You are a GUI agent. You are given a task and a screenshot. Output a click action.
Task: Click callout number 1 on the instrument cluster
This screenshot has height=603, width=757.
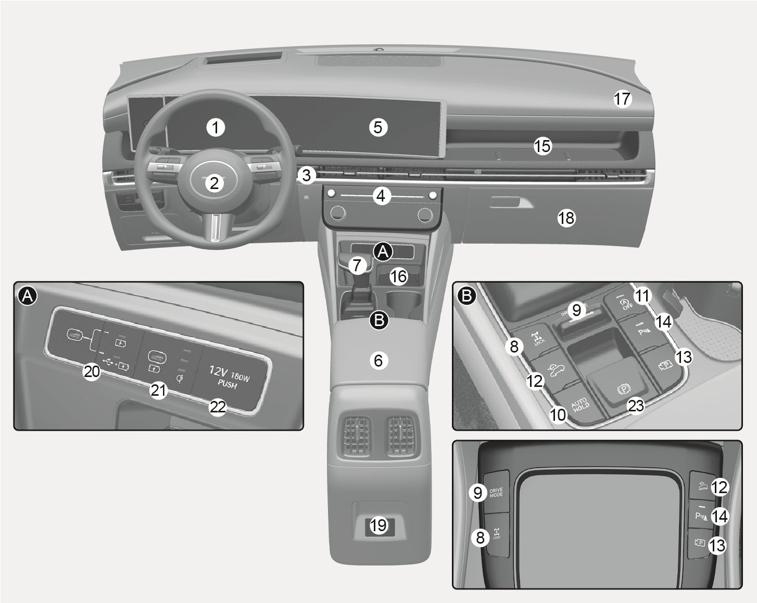point(215,127)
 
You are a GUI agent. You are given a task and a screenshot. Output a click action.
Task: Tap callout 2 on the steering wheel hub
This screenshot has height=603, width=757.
point(214,183)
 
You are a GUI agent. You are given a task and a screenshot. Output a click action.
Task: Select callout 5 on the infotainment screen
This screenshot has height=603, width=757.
point(378,127)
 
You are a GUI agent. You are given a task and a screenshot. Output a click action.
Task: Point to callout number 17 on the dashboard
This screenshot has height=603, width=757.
point(622,98)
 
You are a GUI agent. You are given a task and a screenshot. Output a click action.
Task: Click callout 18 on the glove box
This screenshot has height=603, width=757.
point(566,218)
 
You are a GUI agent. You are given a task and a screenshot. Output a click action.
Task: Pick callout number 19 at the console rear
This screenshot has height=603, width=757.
point(378,525)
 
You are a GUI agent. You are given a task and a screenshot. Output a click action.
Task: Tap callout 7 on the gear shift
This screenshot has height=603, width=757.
point(357,266)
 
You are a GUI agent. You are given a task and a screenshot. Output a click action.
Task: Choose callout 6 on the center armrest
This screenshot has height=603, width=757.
point(378,360)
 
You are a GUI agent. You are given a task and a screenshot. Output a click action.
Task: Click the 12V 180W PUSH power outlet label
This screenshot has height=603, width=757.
point(229,377)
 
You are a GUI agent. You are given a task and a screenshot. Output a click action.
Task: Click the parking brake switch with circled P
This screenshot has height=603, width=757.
point(620,388)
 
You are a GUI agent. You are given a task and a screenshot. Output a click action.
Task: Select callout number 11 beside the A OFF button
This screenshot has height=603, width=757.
point(643,296)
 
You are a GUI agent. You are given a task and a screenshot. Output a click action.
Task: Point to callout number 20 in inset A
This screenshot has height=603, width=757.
point(92,371)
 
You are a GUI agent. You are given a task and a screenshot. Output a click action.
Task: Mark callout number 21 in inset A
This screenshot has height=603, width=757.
point(158,390)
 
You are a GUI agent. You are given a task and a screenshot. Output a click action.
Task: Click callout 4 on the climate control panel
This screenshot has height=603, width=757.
point(381,196)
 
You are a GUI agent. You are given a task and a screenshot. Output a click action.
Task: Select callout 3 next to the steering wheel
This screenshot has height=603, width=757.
point(307,175)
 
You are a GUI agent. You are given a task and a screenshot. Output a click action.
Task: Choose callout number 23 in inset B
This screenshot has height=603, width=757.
point(636,405)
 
